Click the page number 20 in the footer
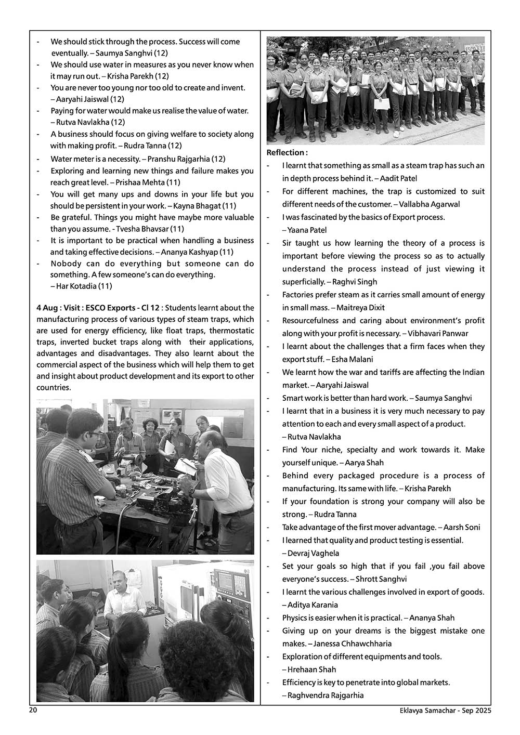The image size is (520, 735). tap(33, 711)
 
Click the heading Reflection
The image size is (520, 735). tap(286, 152)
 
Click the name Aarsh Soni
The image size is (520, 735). tap(462, 527)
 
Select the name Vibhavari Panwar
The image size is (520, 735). tap(438, 333)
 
